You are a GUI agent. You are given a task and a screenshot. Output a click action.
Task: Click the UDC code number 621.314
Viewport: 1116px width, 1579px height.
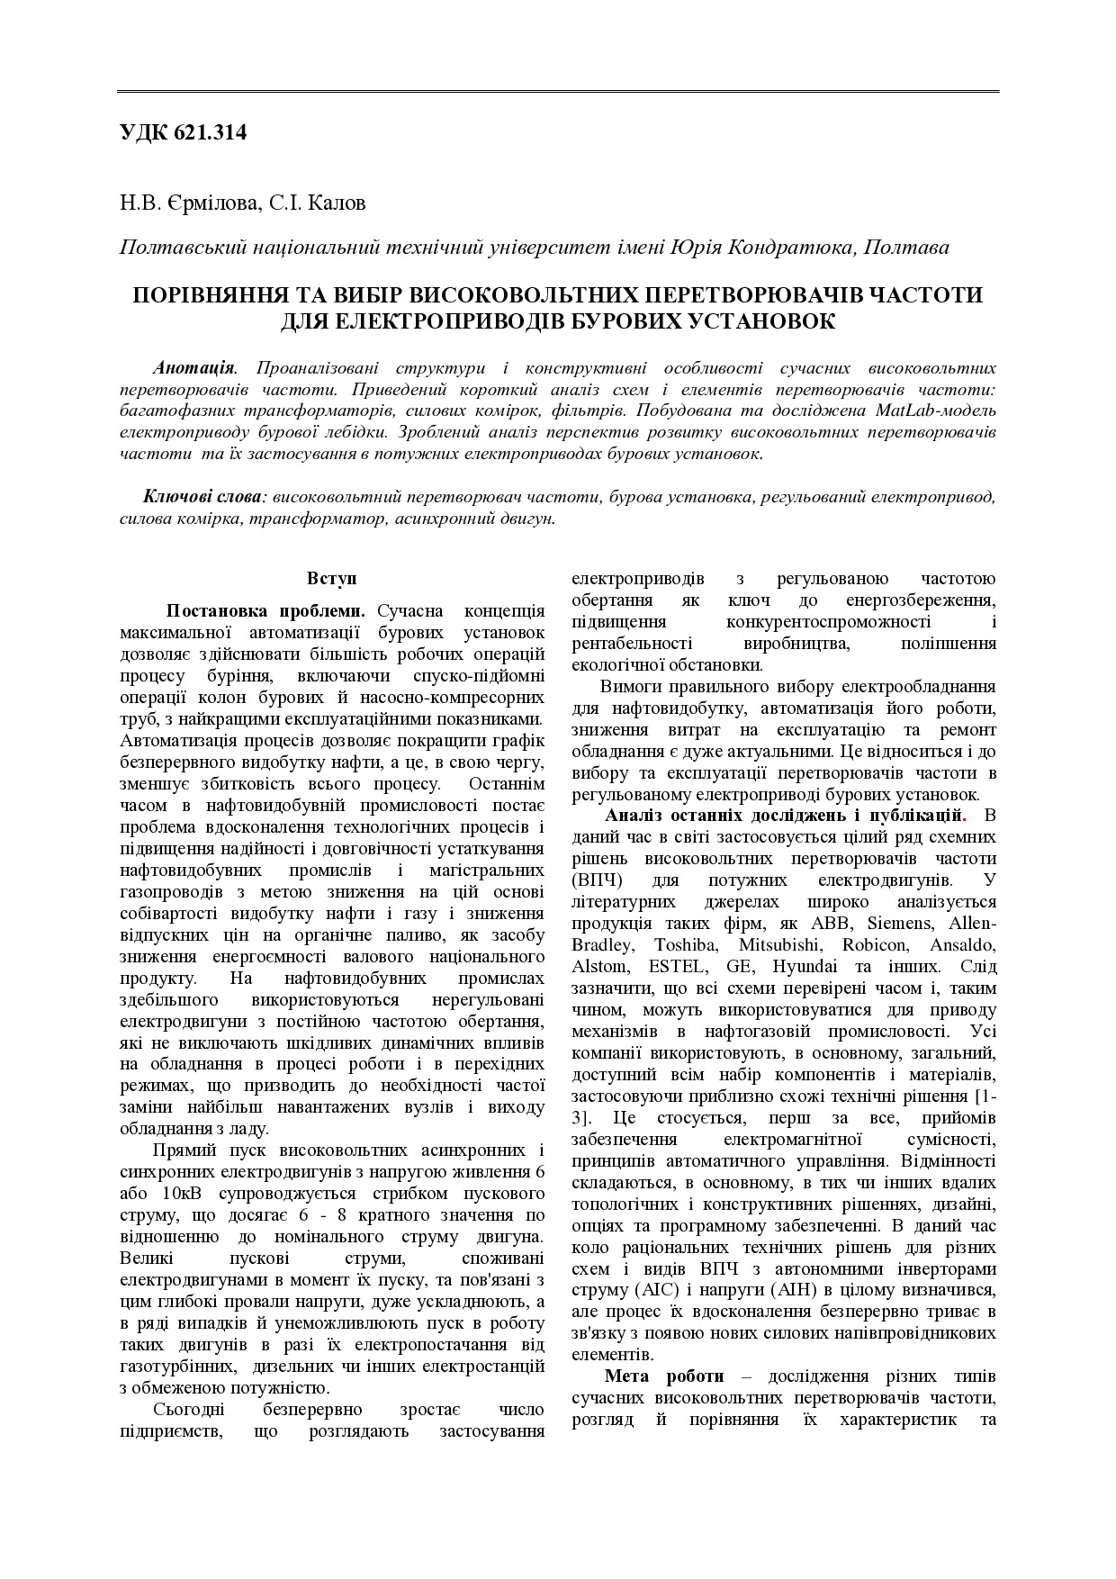(x=211, y=133)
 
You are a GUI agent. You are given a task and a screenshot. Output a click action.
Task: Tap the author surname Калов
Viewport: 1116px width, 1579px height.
(x=337, y=203)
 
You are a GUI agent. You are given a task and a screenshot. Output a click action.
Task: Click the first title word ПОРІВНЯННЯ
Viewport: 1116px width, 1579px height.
(x=211, y=295)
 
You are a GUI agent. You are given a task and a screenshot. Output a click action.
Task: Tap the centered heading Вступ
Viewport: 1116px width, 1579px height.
(x=331, y=578)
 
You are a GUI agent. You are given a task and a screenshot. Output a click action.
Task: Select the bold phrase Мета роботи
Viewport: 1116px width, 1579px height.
(x=664, y=1377)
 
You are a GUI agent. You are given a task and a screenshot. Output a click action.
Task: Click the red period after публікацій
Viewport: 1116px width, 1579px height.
(x=964, y=817)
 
